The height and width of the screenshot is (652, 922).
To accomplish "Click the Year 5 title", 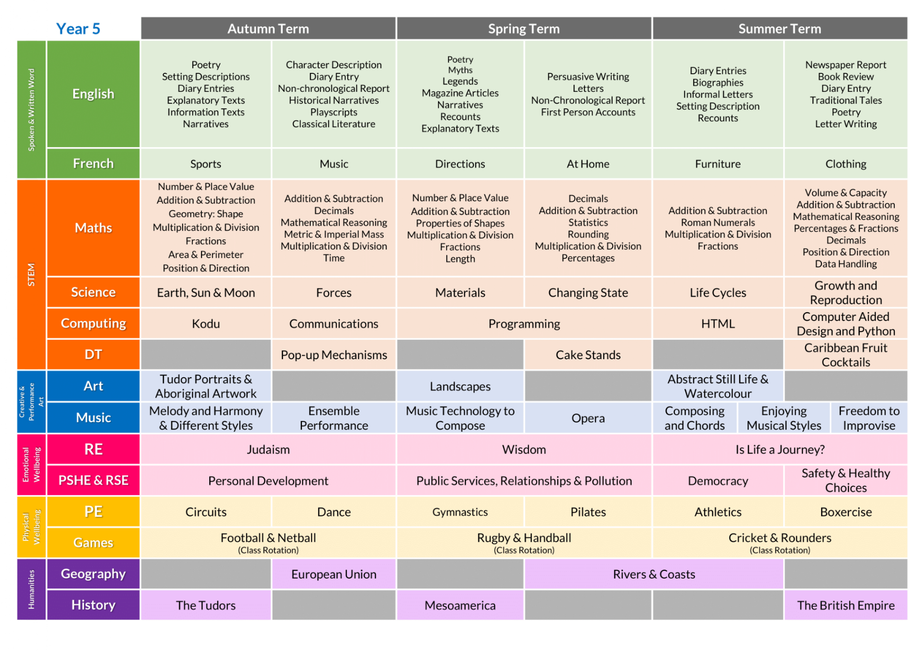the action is (78, 29).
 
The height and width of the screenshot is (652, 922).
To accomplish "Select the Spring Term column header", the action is (524, 29).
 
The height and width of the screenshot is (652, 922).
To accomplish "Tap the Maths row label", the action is (93, 228).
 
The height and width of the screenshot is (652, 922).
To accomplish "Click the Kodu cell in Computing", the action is (206, 323).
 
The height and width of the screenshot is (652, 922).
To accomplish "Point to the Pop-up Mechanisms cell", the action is (334, 354).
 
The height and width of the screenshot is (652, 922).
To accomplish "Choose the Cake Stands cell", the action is (588, 354).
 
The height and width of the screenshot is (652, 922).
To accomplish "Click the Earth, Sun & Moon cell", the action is (206, 292).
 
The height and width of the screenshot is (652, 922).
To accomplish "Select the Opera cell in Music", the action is (588, 418).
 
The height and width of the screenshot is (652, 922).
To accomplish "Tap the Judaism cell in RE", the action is (268, 449).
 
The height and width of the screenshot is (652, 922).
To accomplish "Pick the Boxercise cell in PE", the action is (846, 512).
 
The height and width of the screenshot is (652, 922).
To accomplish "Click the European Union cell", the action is (334, 574).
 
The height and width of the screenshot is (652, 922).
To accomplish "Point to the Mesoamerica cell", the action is (460, 605).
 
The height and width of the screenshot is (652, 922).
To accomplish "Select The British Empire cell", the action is (846, 605).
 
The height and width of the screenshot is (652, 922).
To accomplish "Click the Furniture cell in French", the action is (718, 164).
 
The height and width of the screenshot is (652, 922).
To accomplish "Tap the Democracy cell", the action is (718, 481).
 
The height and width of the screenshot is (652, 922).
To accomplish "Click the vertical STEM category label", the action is (31, 275).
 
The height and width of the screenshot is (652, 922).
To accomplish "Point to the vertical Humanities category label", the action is (31, 589).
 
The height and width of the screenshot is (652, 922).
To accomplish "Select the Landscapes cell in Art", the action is (460, 386).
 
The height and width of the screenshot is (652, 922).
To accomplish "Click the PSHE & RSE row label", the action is (93, 480).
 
